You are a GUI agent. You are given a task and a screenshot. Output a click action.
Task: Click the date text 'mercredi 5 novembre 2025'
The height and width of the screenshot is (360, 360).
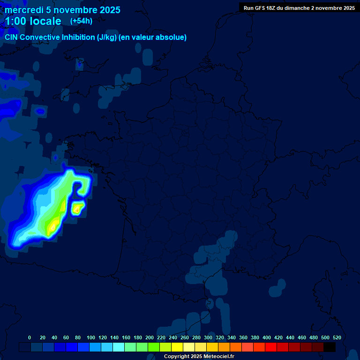click(62, 10)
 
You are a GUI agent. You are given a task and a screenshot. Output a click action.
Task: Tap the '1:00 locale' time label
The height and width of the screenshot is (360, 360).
click(33, 21)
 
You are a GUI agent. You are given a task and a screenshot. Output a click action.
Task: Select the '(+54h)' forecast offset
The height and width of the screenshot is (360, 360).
click(81, 21)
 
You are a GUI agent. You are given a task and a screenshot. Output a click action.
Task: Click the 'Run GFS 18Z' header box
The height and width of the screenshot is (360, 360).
click(299, 8)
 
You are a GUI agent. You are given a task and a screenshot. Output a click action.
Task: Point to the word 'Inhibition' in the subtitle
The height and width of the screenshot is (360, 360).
click(73, 37)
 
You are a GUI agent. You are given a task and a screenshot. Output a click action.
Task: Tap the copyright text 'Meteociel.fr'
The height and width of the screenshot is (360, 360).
click(218, 357)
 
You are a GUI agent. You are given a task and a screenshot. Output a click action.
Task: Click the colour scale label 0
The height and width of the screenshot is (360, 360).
click(30, 337)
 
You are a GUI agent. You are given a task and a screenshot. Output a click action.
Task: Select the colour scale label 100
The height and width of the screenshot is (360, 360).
click(91, 337)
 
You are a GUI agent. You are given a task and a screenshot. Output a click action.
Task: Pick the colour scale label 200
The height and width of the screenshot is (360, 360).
click(150, 337)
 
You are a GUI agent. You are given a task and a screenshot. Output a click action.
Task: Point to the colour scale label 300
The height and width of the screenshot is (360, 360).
click(208, 337)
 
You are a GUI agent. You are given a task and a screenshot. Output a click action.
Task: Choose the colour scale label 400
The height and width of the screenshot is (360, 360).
click(267, 337)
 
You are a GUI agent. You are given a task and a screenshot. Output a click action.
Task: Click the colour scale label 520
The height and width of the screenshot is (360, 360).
click(337, 337)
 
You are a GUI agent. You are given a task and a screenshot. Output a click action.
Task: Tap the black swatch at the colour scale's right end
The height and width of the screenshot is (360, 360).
click(330, 347)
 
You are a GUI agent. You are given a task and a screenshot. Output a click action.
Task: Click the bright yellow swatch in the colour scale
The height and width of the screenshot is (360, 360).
click(177, 347)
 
